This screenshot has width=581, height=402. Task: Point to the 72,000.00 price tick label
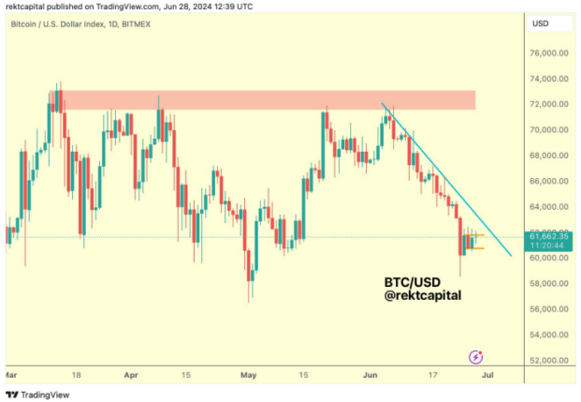pyautogui.click(x=548, y=104)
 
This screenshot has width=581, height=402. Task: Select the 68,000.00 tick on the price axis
pyautogui.click(x=548, y=156)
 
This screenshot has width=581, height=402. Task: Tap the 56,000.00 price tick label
pyautogui.click(x=548, y=309)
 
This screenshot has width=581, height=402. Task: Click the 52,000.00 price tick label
pyautogui.click(x=548, y=360)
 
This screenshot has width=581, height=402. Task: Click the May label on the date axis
pyautogui.click(x=248, y=374)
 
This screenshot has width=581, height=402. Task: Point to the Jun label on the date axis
pyautogui.click(x=370, y=374)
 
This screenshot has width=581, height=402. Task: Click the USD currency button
pyautogui.click(x=541, y=22)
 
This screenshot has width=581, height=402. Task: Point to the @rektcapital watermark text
pyautogui.click(x=423, y=295)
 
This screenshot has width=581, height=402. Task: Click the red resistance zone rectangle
pyautogui.click(x=262, y=99)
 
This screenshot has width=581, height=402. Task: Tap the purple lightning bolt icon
pyautogui.click(x=476, y=356)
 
